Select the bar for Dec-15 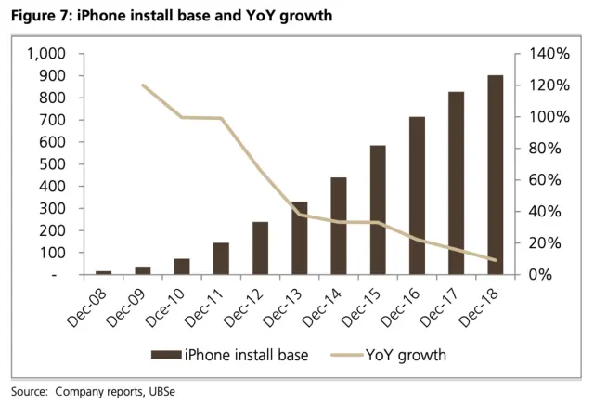click(x=378, y=210)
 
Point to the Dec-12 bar click(x=261, y=248)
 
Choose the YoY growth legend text click(x=406, y=355)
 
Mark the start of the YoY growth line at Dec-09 click(x=143, y=85)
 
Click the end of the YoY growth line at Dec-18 click(x=495, y=260)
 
